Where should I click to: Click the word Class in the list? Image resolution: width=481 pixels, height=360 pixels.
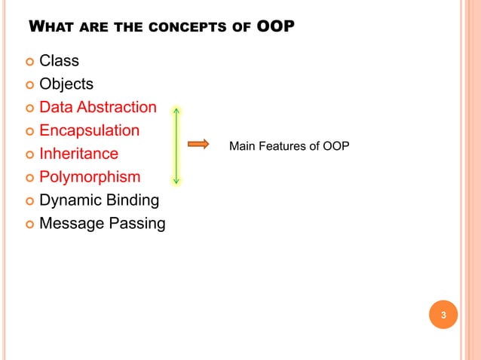tap(59, 60)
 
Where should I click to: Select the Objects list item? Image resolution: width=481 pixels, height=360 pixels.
tap(66, 84)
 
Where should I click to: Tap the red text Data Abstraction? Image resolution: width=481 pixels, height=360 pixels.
tap(98, 107)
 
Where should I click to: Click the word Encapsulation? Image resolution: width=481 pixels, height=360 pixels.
tap(89, 130)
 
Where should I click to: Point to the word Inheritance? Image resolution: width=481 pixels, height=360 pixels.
tap(78, 154)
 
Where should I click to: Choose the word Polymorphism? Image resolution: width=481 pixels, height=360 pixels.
tap(90, 177)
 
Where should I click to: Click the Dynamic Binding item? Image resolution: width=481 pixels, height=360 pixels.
tap(99, 200)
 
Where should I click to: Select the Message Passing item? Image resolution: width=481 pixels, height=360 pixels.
tap(102, 224)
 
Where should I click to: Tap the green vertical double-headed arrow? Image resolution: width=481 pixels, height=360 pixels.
tap(176, 145)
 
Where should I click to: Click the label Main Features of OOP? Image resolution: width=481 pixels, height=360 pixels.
tap(289, 145)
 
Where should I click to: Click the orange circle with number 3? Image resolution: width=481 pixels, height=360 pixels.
tap(443, 315)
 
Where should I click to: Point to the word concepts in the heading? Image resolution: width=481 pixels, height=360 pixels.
tap(199, 29)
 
